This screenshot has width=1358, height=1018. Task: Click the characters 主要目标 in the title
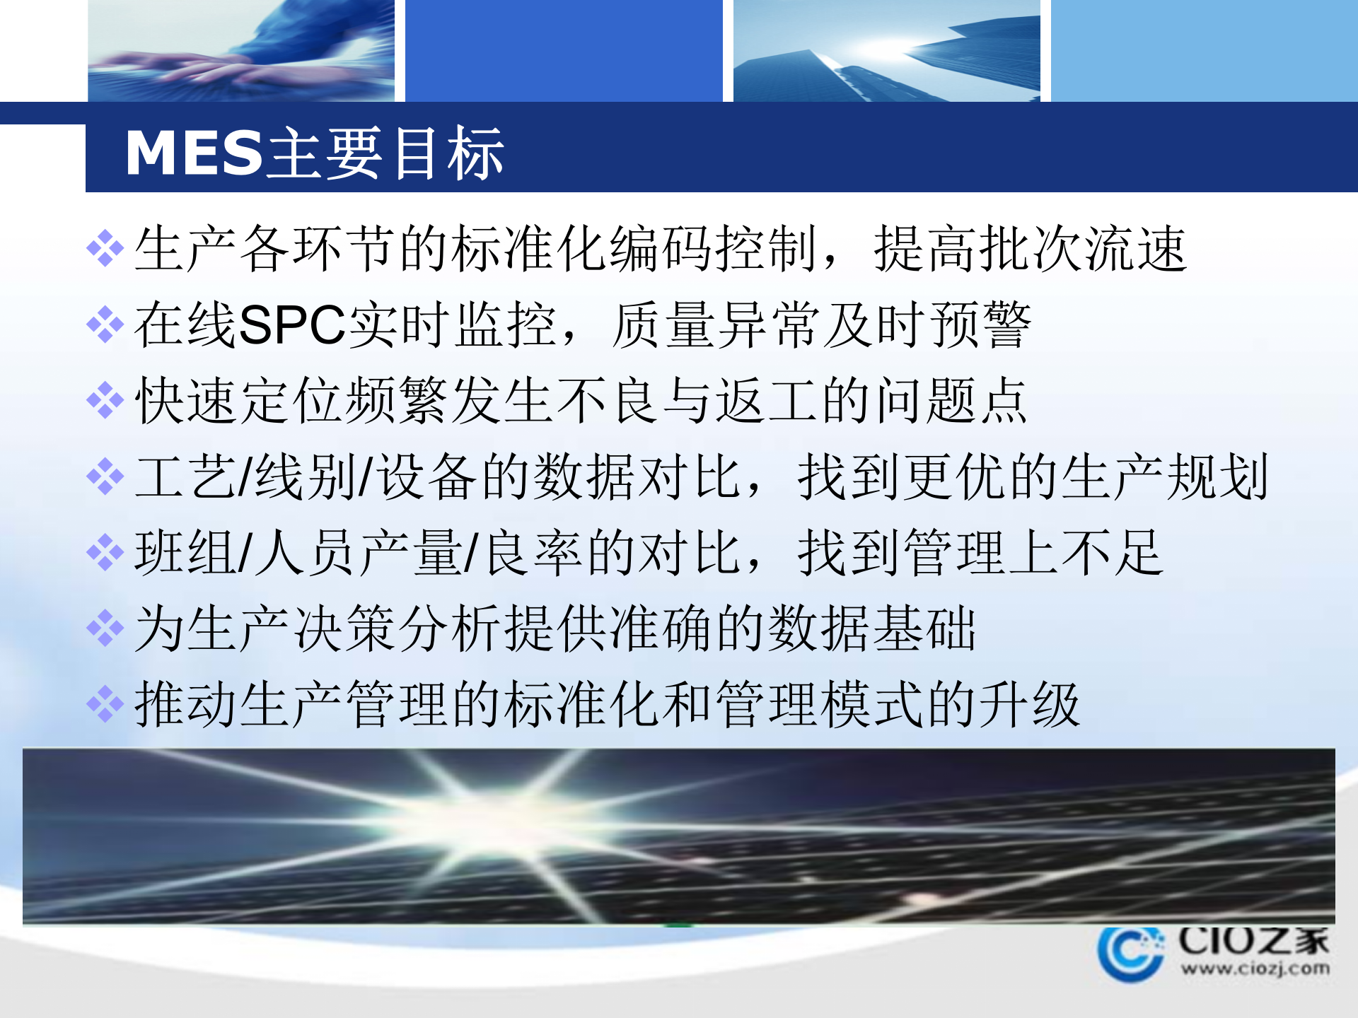(x=386, y=153)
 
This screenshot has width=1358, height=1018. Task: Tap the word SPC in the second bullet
(x=292, y=325)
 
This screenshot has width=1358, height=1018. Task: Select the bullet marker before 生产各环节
(x=105, y=248)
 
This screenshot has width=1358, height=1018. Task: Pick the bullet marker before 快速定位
(x=105, y=401)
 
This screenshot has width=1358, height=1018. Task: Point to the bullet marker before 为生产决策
(x=105, y=628)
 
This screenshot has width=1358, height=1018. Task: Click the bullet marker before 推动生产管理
(x=105, y=704)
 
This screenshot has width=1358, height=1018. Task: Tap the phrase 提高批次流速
(x=1030, y=249)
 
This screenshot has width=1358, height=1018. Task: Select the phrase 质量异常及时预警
(x=820, y=325)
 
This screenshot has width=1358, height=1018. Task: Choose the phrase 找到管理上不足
(x=980, y=553)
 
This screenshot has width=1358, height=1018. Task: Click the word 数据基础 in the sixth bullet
(x=871, y=628)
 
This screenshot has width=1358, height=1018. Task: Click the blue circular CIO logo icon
(x=1130, y=953)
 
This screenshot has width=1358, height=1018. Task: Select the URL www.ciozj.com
(x=1255, y=968)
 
